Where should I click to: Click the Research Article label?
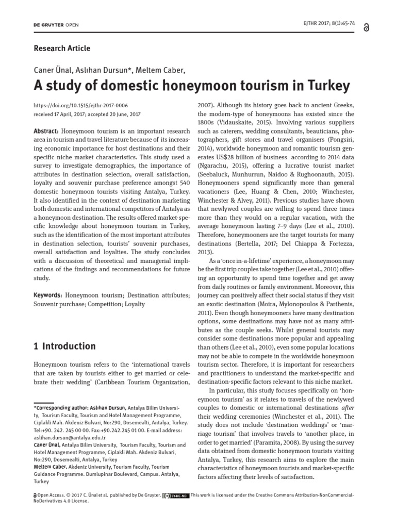pos(61,48)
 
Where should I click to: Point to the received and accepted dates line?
pos(87,114)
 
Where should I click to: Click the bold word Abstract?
pos(47,131)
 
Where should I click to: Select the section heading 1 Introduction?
pos(64,346)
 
